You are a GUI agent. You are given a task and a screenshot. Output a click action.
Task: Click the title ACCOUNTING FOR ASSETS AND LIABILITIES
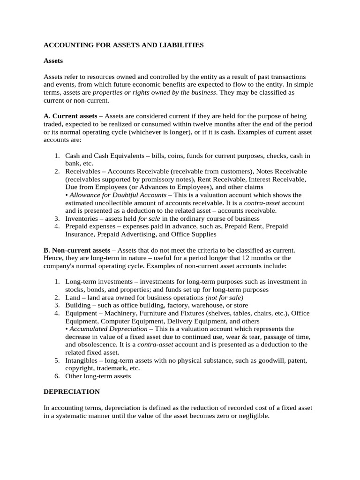pos(124,45)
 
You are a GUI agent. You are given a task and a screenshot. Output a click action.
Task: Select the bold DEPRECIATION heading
pos(72,391)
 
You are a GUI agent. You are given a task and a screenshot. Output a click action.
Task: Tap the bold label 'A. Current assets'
pos(70,115)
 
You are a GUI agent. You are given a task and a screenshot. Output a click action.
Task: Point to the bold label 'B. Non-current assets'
pos(77,251)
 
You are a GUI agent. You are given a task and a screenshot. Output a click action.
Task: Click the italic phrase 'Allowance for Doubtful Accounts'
pos(118,195)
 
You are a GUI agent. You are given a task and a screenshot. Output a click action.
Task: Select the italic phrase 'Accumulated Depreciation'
pos(107,329)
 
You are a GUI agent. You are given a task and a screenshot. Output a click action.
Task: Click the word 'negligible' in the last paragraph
pos(253,415)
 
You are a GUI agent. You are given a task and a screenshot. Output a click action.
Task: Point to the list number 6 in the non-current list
pos(56,376)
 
